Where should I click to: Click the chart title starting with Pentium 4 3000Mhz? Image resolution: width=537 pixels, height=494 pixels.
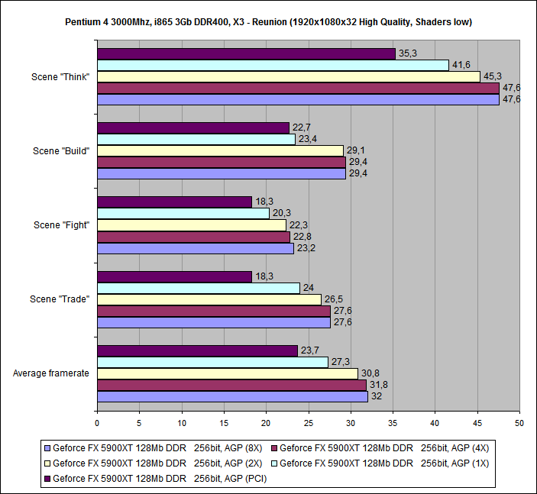click(268, 21)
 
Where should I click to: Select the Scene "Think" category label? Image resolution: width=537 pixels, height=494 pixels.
click(62, 76)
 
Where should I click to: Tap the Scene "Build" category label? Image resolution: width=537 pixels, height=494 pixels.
click(62, 150)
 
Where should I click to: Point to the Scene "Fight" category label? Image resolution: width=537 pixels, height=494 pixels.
click(62, 224)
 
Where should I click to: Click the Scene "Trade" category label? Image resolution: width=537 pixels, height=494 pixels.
click(61, 299)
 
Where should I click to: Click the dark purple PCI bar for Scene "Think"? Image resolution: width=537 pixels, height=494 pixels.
click(246, 53)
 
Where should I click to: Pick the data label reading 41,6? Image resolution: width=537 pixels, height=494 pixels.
click(461, 65)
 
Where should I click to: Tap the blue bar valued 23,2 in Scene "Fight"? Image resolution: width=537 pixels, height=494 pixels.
click(195, 248)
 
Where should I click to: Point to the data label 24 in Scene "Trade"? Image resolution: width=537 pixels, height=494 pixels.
click(308, 288)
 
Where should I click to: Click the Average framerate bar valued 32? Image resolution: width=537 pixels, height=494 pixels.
click(232, 396)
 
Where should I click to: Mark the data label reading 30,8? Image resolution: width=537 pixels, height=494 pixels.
click(370, 373)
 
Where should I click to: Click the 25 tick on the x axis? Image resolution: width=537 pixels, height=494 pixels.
click(308, 421)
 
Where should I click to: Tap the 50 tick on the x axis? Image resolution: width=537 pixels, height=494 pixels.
click(519, 421)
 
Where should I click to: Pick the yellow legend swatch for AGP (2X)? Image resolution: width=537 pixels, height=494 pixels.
click(47, 463)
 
